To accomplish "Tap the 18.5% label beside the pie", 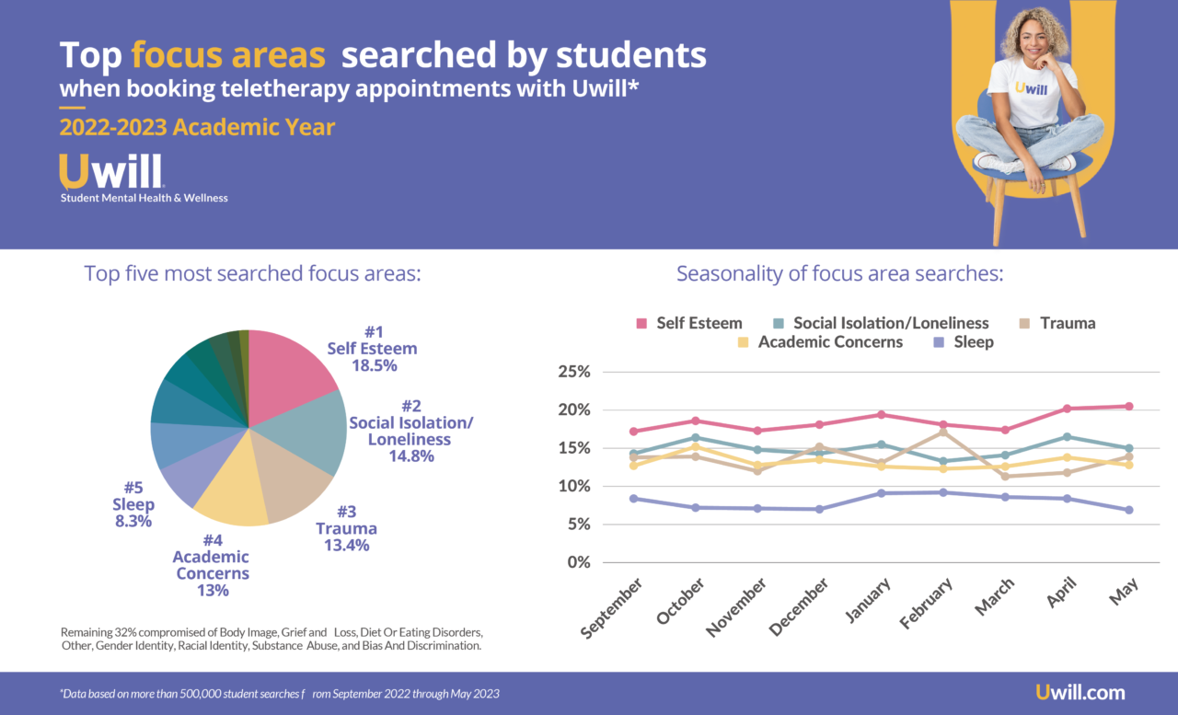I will click(374, 365).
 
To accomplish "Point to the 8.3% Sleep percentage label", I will click(133, 522).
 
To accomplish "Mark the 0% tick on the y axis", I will click(578, 562).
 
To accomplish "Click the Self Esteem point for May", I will click(1128, 406).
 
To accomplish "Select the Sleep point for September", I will click(632, 499).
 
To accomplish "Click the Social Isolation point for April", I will click(1067, 436).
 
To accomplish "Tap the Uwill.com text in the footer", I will click(1080, 693).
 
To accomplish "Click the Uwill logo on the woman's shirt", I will click(1032, 88).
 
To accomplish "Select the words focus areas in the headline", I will click(228, 55).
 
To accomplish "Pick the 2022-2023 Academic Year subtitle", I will click(197, 126).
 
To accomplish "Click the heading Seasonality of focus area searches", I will click(839, 274).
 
